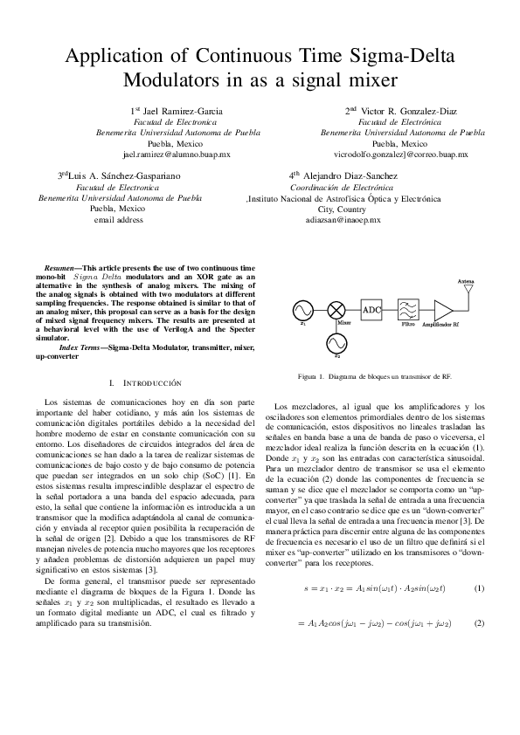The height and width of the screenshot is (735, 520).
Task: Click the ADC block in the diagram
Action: [371, 310]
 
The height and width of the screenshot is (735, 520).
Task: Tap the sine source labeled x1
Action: [303, 310]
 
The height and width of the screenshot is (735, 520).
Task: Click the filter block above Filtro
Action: [407, 310]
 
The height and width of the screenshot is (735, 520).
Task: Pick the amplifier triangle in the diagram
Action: [444, 310]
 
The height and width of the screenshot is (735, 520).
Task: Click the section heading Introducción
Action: [149, 383]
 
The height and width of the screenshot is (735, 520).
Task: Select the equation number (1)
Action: [478, 588]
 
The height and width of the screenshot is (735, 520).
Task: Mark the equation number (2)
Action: [478, 623]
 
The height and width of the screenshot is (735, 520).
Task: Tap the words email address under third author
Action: [118, 220]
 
